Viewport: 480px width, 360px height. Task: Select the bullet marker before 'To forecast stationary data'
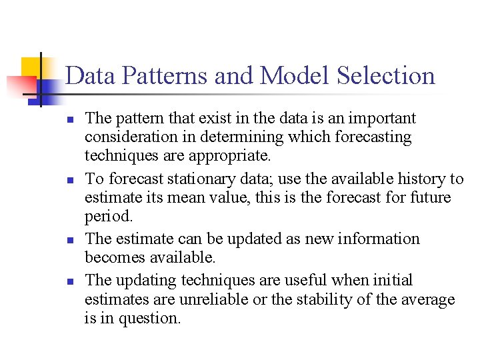69,180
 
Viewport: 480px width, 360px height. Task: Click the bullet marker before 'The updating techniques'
69,281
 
